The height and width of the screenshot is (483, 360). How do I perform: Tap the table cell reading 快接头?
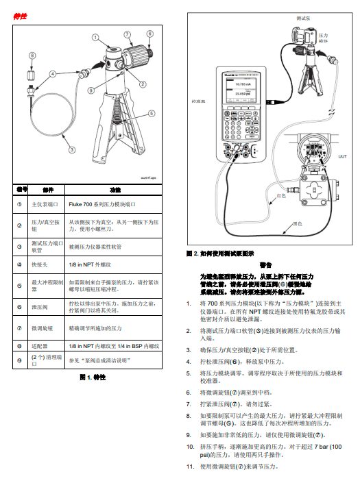click(x=40, y=264)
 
